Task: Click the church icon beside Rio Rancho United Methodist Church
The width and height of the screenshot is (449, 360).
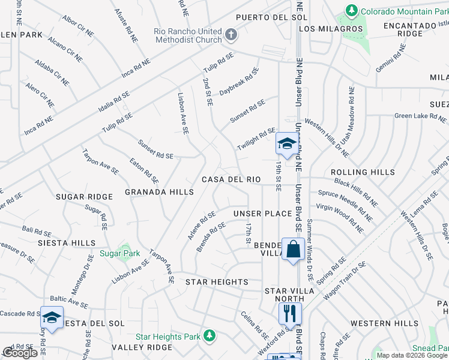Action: tap(231, 34)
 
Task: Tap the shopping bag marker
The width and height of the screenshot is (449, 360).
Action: tap(292, 249)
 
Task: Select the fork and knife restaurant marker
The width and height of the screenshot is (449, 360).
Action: tap(290, 313)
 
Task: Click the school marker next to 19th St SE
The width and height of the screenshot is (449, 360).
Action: tap(286, 143)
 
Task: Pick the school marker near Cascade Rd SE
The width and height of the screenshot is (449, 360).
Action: tap(52, 317)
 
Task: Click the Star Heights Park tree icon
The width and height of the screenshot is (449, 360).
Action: tap(208, 335)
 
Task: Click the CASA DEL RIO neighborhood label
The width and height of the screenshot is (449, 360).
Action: tap(231, 179)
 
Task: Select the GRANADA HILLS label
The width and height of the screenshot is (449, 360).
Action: tap(159, 192)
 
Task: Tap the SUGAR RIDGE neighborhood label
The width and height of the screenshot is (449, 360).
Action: tap(84, 197)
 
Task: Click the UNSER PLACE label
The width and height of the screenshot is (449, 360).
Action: tap(262, 214)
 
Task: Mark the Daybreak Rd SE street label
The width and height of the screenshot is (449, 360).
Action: tap(239, 82)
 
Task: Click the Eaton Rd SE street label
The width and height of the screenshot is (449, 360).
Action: tap(145, 170)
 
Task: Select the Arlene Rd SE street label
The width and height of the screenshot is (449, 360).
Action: tap(201, 225)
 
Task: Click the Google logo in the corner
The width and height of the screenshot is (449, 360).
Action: tap(20, 353)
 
